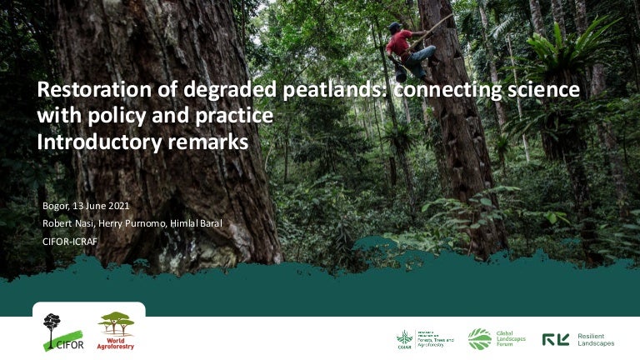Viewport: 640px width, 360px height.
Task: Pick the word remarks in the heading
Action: [208, 142]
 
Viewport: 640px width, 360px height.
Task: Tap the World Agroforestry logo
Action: [116, 330]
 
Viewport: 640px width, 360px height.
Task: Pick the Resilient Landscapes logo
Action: [578, 338]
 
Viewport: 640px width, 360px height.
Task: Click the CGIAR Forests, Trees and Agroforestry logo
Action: [425, 339]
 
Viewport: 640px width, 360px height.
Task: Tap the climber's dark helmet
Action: [393, 27]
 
